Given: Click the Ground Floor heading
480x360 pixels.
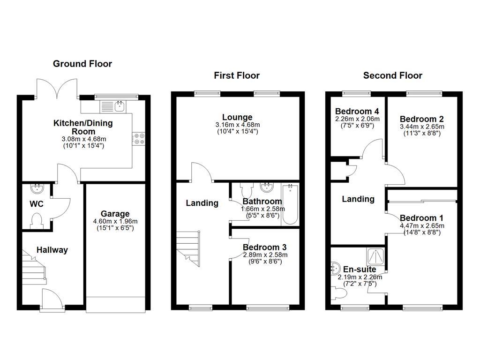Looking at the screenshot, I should (x=82, y=64).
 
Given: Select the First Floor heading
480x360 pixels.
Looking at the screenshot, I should (x=237, y=75).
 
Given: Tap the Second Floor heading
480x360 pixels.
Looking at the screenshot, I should (x=392, y=75).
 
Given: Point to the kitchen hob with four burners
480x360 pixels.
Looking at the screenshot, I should (x=139, y=139).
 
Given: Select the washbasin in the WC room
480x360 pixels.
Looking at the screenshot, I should (x=37, y=189).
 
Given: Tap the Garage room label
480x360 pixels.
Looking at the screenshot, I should (x=115, y=214).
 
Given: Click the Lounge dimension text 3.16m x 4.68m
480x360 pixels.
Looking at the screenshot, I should (x=237, y=125).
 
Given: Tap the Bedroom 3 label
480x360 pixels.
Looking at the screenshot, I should (x=264, y=247).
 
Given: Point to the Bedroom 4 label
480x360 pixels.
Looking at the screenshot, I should (x=357, y=111).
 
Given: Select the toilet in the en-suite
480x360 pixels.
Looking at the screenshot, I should (x=339, y=293).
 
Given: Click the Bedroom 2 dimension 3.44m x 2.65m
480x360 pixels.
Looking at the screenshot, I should (x=421, y=127).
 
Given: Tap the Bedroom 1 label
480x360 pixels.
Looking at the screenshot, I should (x=421, y=218).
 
